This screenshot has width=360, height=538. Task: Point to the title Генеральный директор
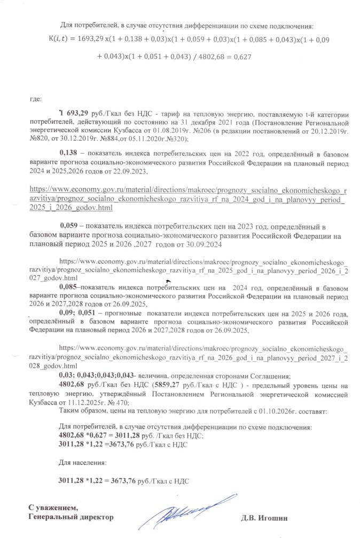tap(70, 517)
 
